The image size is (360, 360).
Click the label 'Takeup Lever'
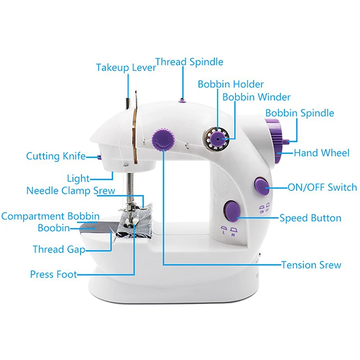point(126,68)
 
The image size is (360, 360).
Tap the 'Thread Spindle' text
point(189,62)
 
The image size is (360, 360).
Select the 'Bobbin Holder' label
point(231,84)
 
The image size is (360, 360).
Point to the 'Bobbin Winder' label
point(256,97)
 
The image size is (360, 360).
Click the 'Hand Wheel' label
point(321,153)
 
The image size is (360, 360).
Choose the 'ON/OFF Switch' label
point(322,187)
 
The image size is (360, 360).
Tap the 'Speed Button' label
point(310,218)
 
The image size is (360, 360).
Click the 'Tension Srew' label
point(311,265)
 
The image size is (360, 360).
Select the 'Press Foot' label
point(54,274)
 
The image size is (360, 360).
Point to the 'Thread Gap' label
point(59,249)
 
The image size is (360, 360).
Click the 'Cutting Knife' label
point(56,156)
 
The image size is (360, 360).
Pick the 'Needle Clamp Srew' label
point(71,190)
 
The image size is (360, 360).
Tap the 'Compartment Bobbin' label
point(50,216)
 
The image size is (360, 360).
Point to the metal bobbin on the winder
point(216,139)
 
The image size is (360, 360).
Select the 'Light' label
point(78,178)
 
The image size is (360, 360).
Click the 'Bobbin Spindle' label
point(300,112)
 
